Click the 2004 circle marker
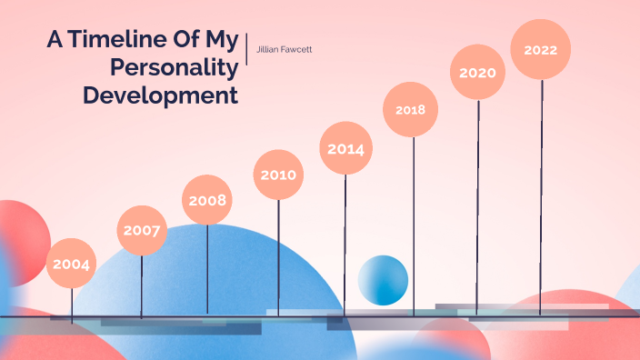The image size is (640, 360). [72, 264]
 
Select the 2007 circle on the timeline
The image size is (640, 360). [143, 230]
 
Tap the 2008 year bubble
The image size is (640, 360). [207, 200]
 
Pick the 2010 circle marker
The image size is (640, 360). [278, 175]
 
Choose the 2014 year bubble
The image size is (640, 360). [345, 148]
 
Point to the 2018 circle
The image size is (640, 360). [411, 109]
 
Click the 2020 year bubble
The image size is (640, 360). [477, 71]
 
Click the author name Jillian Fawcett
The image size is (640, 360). [285, 48]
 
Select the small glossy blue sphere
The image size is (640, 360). [383, 280]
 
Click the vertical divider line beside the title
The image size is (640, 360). [247, 47]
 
